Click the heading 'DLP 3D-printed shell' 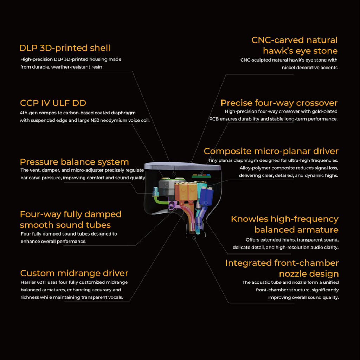(x=65, y=48)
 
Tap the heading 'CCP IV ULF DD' (x=53, y=103)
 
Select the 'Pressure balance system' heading (x=75, y=162)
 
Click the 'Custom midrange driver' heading (x=74, y=273)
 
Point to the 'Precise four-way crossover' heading (x=279, y=103)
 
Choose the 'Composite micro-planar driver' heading (x=271, y=151)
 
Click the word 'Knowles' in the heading (x=250, y=219)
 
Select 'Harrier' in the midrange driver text (x=28, y=282)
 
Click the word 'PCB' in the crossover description (x=214, y=119)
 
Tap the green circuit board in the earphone (x=201, y=176)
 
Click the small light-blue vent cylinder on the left (x=156, y=192)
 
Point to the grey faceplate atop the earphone (x=182, y=166)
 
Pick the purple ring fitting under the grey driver (x=171, y=206)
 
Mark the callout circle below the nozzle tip (x=194, y=238)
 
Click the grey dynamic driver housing (x=166, y=186)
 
